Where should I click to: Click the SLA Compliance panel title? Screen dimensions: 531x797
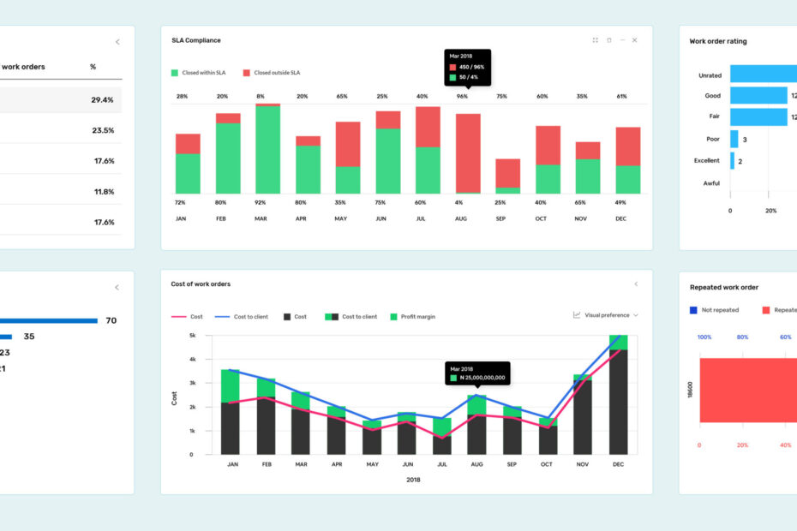tap(196, 40)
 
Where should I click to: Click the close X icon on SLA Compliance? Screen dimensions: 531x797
tap(634, 40)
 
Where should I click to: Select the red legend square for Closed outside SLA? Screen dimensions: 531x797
tap(247, 73)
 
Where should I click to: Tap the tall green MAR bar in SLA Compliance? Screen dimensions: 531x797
tap(267, 150)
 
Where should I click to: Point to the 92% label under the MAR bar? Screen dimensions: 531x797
tap(261, 203)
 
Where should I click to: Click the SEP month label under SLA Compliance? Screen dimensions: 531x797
tap(501, 219)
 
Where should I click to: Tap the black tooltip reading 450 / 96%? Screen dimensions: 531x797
tap(468, 67)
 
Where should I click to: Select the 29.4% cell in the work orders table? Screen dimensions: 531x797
tap(103, 100)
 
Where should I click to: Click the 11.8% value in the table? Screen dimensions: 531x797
tap(103, 192)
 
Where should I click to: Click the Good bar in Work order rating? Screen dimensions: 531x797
tap(758, 96)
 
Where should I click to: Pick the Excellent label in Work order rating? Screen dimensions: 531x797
tap(707, 161)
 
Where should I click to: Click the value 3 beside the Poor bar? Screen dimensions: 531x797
tap(745, 140)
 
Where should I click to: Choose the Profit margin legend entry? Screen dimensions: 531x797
tap(414, 317)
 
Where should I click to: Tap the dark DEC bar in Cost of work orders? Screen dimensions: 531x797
tap(618, 403)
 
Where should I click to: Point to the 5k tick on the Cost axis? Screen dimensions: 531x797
tap(193, 336)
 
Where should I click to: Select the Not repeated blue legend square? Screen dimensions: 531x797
tap(693, 310)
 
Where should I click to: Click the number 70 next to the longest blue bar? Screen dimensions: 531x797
tap(111, 321)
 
